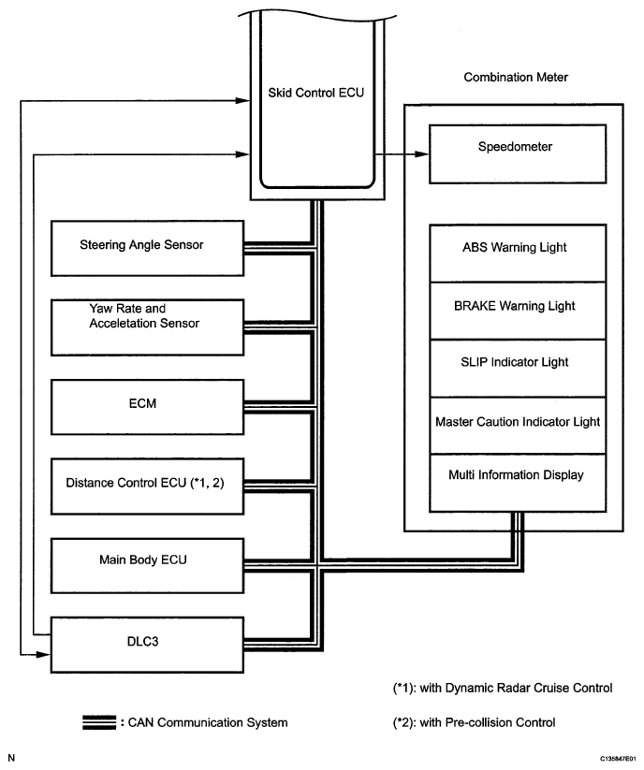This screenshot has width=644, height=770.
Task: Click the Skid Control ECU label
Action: click(315, 94)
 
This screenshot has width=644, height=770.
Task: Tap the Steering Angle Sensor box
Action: click(142, 246)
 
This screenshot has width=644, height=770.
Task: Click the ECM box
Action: click(142, 402)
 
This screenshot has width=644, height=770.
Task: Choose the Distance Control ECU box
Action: click(142, 485)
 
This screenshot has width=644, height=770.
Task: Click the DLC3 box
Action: click(142, 643)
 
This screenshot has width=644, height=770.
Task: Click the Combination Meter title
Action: click(516, 78)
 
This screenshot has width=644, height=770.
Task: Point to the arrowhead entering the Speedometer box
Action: click(422, 153)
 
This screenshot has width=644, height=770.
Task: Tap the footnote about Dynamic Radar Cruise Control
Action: click(504, 688)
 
